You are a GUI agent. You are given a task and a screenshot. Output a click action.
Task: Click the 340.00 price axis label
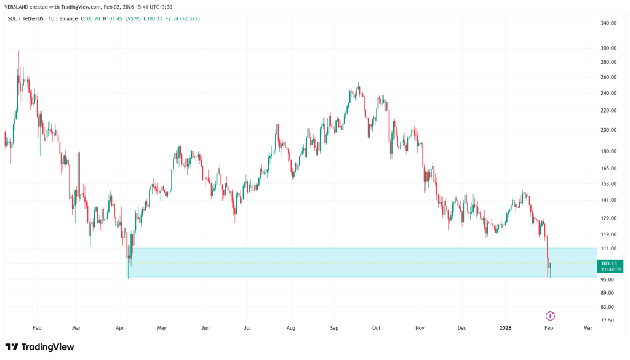point(608,23)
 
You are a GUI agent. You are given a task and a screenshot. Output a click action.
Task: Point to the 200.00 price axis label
point(608,130)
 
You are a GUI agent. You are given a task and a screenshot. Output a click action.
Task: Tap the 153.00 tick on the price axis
point(608,183)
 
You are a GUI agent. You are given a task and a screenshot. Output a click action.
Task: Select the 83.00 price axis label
point(607,307)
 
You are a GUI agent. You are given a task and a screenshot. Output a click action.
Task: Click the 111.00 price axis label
point(608,248)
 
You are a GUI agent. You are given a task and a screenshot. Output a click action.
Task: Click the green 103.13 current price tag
point(610,263)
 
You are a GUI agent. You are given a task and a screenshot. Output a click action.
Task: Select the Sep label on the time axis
point(334,328)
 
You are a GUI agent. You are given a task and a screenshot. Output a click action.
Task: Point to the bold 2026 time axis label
point(506,328)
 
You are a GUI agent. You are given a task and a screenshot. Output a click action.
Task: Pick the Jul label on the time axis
point(247,328)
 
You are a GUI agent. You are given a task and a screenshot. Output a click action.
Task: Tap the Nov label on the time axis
point(420,328)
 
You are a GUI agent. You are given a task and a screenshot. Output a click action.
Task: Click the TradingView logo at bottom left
point(39,347)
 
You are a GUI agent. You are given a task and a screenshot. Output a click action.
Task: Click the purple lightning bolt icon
point(550,316)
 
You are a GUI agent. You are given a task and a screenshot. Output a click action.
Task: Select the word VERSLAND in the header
point(18,7)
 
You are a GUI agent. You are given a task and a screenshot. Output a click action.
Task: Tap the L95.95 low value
point(133,18)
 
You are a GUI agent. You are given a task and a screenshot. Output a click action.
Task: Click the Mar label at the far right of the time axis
point(588,328)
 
